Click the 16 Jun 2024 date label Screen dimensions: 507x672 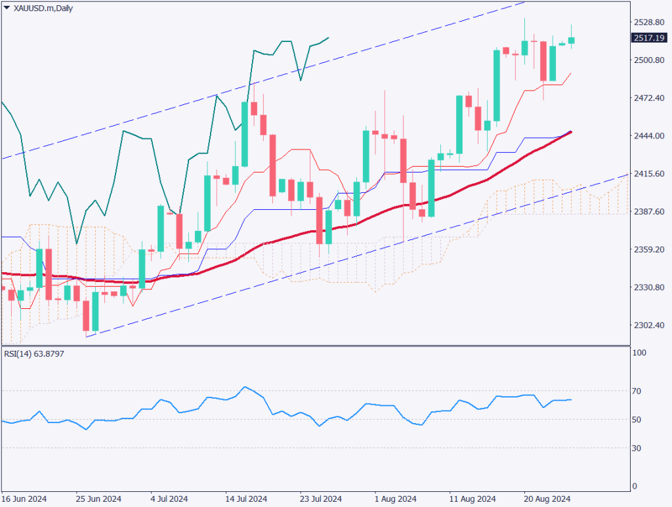pos(24,498)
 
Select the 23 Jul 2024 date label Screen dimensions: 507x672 pos(320,498)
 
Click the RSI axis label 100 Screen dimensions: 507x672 pos(639,353)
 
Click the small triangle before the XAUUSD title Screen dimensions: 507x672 pos(7,7)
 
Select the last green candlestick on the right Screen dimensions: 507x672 pos(572,41)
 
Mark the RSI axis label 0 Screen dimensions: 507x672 pos(635,486)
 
